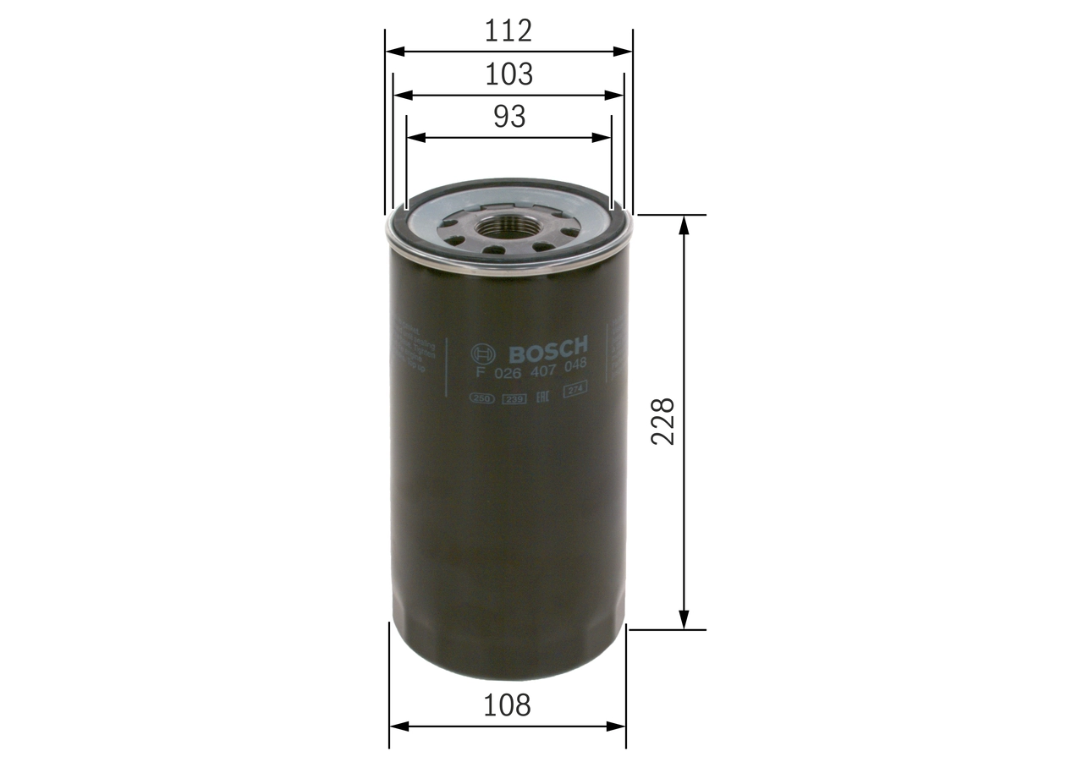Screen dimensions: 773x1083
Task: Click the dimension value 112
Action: tap(509, 31)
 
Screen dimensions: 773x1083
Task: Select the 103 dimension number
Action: tap(509, 74)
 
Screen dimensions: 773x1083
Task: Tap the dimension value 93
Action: tap(509, 117)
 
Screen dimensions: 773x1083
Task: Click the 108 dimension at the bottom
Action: tap(509, 704)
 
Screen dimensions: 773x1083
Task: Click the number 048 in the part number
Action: tap(576, 365)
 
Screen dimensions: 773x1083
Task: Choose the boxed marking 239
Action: tap(513, 398)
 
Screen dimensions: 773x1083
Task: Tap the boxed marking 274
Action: tap(575, 390)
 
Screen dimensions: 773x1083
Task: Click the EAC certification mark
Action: tap(545, 395)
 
